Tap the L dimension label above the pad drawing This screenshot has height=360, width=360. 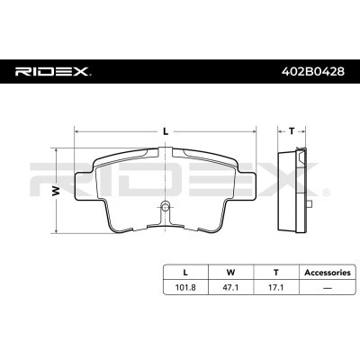coord(166,130)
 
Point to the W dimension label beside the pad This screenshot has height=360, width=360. coord(56,190)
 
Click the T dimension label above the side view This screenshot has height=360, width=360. coord(291,130)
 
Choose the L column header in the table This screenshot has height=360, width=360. coord(185,271)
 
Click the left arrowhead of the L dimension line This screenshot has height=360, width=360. coord(76,131)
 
